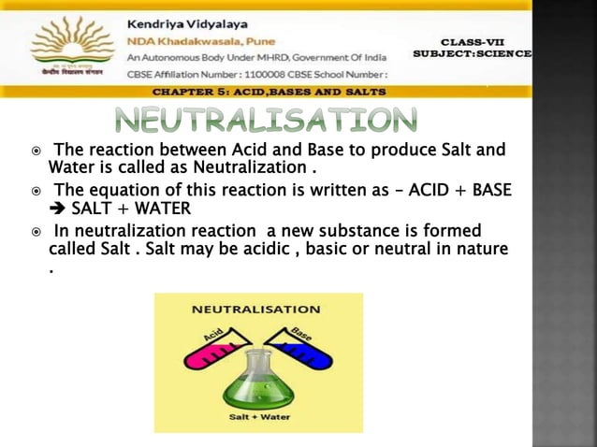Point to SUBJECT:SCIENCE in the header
pos(473,54)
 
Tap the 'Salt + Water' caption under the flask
pos(258,417)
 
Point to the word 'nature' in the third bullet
pos(484,250)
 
